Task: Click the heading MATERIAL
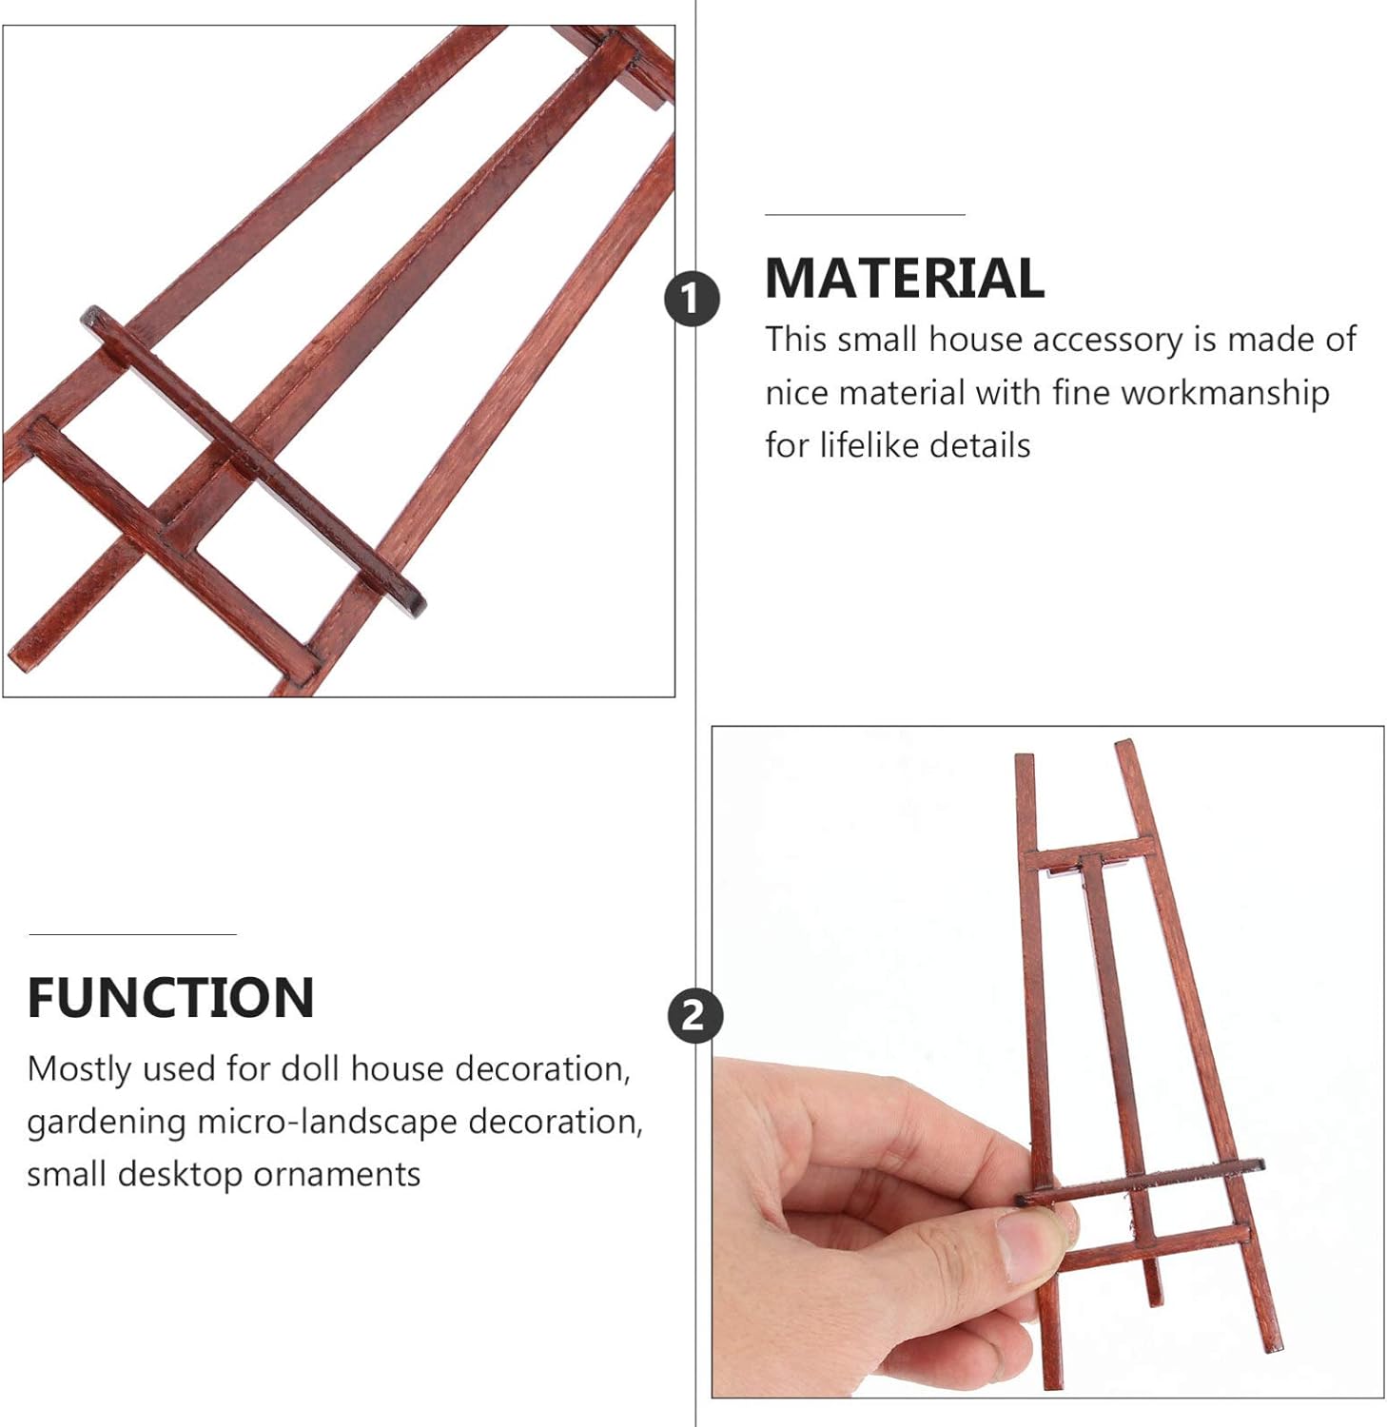pyautogui.click(x=905, y=278)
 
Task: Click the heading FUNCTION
pyautogui.click(x=171, y=997)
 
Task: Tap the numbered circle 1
pyautogui.click(x=693, y=299)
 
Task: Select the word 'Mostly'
pyautogui.click(x=80, y=1069)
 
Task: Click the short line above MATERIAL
pyautogui.click(x=865, y=215)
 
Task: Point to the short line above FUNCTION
pyautogui.click(x=132, y=934)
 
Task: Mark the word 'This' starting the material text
pyautogui.click(x=795, y=340)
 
